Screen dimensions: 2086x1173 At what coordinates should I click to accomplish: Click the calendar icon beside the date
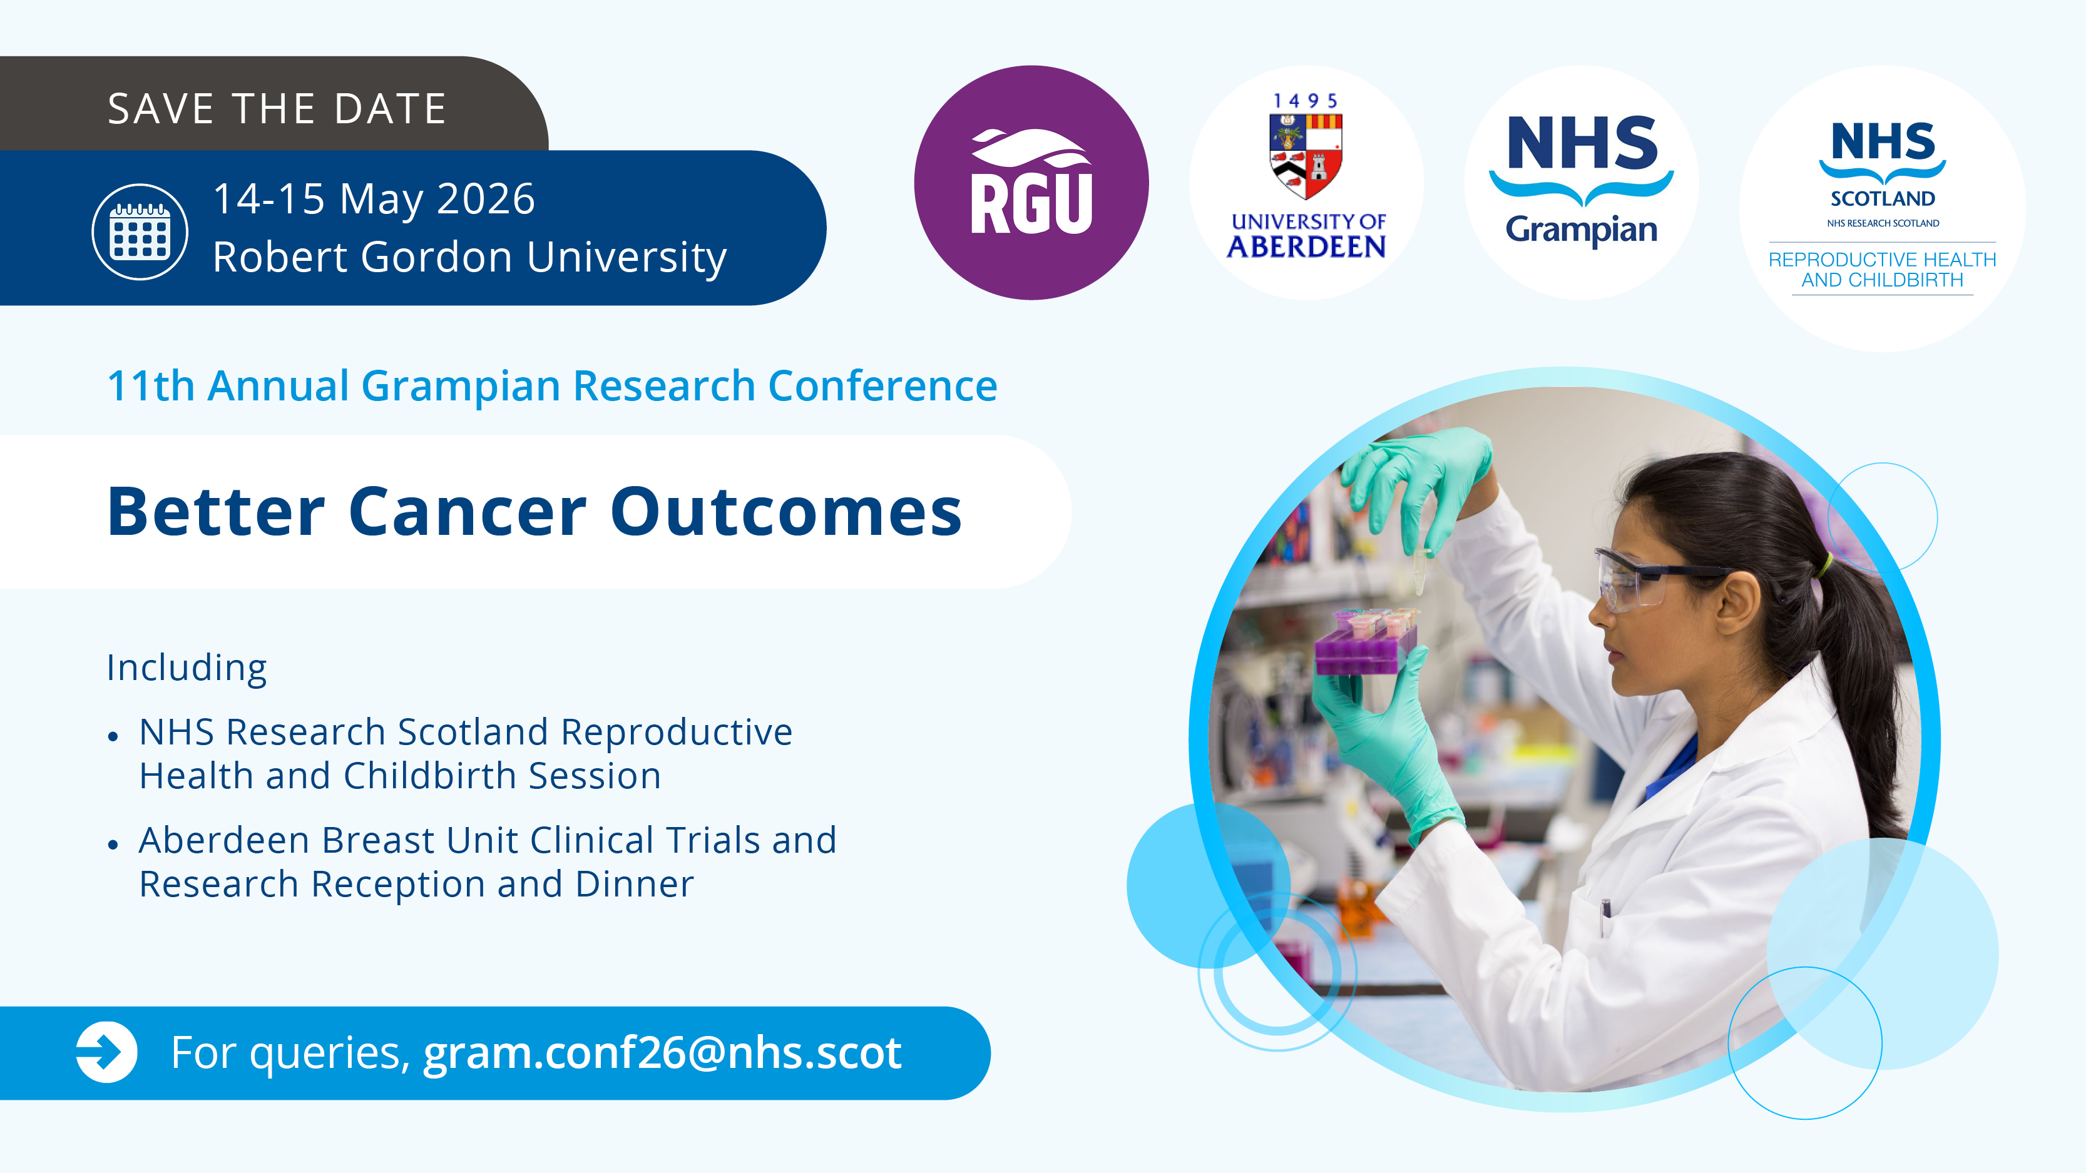coord(140,231)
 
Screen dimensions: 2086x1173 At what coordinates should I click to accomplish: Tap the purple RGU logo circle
coord(1031,183)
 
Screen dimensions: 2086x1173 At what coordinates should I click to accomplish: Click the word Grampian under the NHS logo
coord(1581,230)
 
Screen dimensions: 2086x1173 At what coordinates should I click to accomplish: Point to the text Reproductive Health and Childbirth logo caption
coord(1882,270)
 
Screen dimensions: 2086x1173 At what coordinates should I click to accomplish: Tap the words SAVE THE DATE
coord(277,108)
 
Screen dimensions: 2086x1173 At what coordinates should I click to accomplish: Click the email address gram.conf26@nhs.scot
coord(662,1052)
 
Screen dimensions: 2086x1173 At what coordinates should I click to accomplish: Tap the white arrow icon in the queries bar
coord(106,1052)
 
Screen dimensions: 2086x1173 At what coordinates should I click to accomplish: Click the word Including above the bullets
coord(187,669)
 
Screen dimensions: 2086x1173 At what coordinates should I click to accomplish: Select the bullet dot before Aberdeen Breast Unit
coord(113,845)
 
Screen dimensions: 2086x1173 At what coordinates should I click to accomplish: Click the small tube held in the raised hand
coord(1421,570)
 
